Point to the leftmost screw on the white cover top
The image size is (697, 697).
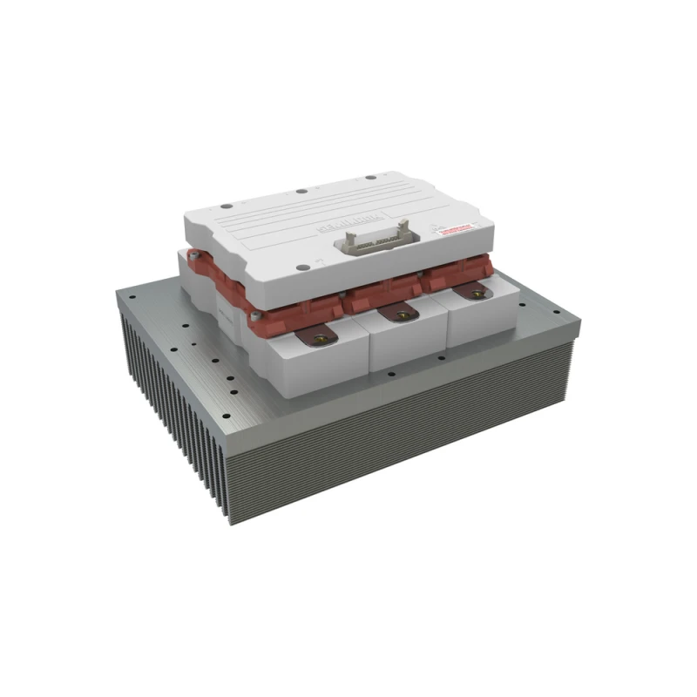tap(225, 206)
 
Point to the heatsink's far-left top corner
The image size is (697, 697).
tap(116, 292)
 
